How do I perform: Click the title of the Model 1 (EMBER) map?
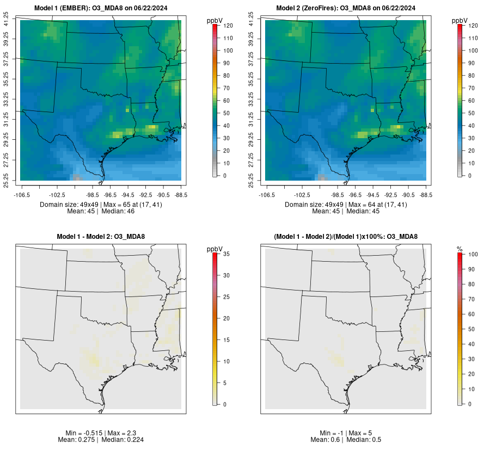pyautogui.click(x=101, y=8)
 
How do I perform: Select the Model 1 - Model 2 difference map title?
pyautogui.click(x=101, y=237)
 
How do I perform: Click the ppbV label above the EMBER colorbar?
pyautogui.click(x=215, y=20)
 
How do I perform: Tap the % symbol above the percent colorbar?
pyautogui.click(x=460, y=249)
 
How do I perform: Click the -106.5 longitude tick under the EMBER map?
pyautogui.click(x=21, y=194)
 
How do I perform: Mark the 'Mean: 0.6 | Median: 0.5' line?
pyautogui.click(x=346, y=440)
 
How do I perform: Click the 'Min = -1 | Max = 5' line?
pyautogui.click(x=346, y=433)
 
